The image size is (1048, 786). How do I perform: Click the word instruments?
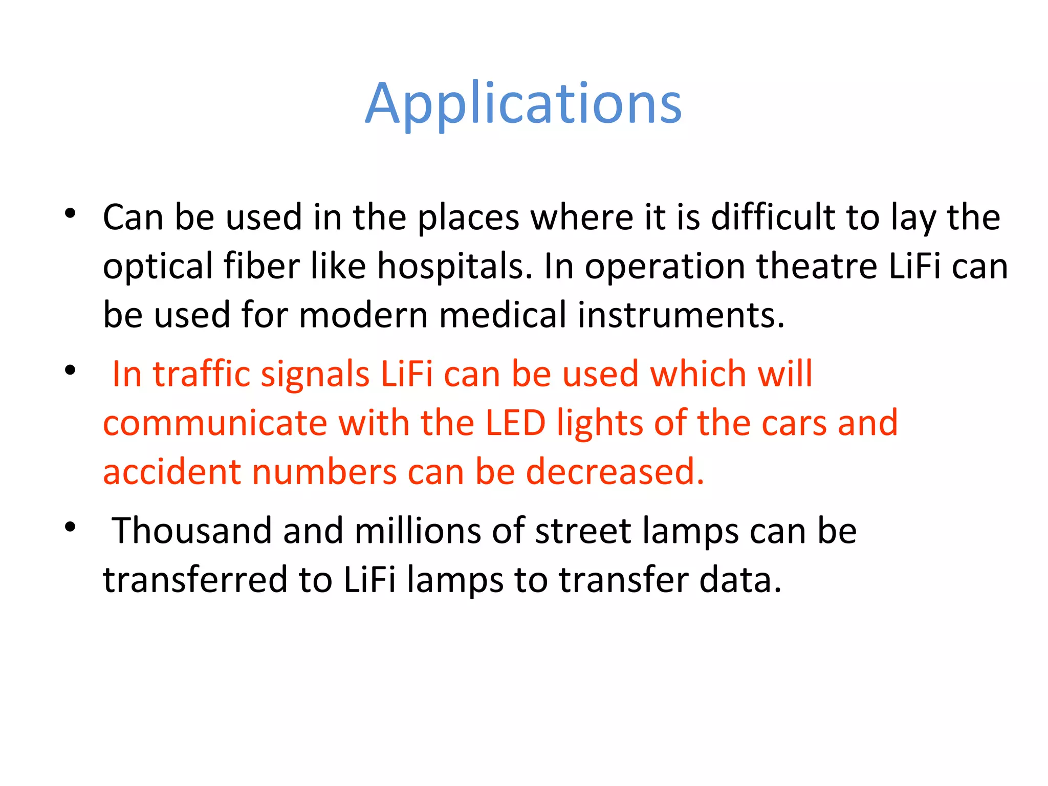coord(681,315)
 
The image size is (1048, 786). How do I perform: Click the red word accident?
coord(172,471)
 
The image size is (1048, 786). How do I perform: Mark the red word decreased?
coord(615,471)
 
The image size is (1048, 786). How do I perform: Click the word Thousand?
coord(192,531)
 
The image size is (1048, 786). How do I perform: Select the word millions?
coord(418,531)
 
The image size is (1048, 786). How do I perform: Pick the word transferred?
coord(195,580)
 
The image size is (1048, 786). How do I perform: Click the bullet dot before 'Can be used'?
coord(71,213)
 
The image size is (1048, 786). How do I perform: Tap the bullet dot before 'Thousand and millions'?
coord(71,527)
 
